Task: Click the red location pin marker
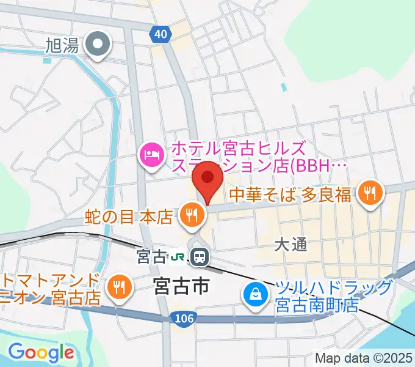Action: [207, 179]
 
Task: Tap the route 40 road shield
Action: [160, 35]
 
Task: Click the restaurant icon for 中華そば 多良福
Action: [370, 194]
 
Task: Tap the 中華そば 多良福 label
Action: [290, 195]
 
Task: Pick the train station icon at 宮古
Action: [199, 257]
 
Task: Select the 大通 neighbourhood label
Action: [289, 244]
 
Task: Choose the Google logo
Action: [41, 352]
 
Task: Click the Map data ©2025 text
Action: [364, 358]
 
